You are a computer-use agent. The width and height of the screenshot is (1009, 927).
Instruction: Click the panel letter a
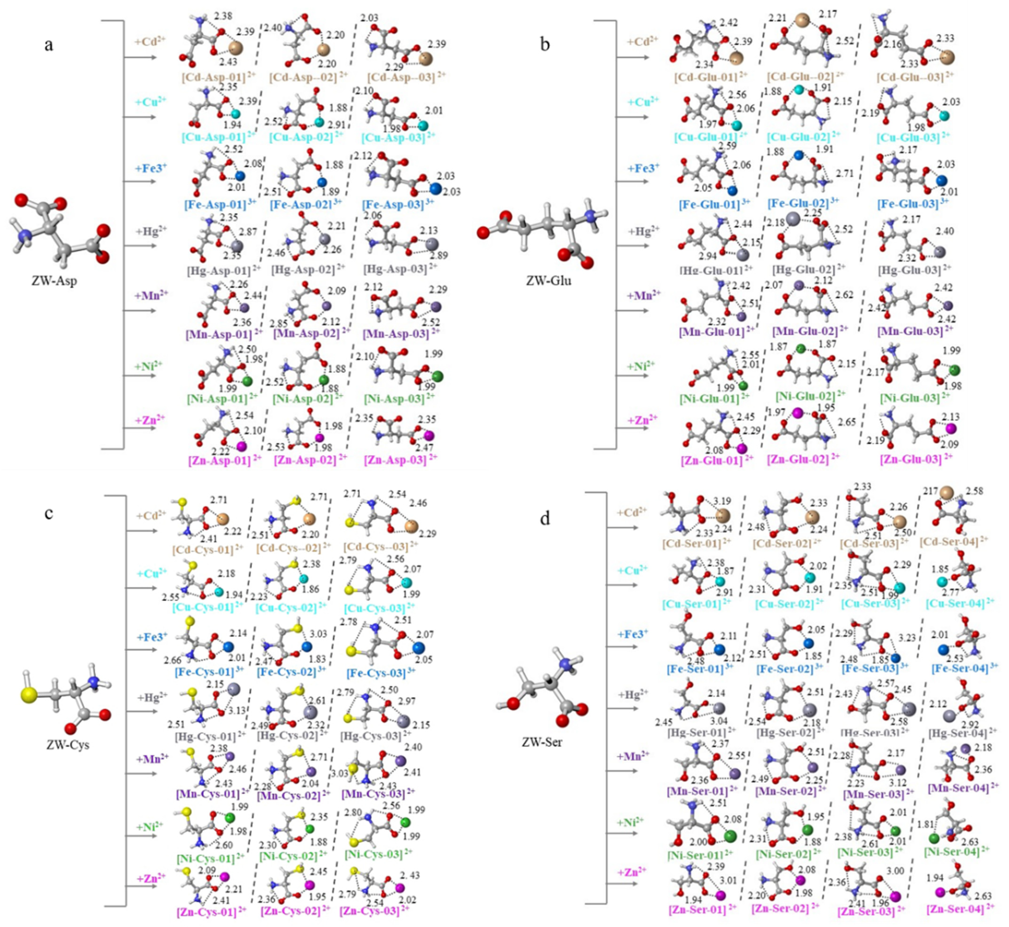pyautogui.click(x=49, y=45)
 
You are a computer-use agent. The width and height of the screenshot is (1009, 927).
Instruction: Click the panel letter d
pyautogui.click(x=545, y=519)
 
